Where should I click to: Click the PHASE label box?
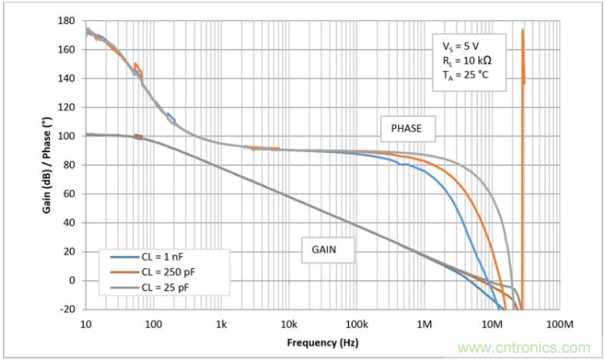408,128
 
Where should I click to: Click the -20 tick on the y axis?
68,309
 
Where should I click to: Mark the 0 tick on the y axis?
73,280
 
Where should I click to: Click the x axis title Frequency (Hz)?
322,342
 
